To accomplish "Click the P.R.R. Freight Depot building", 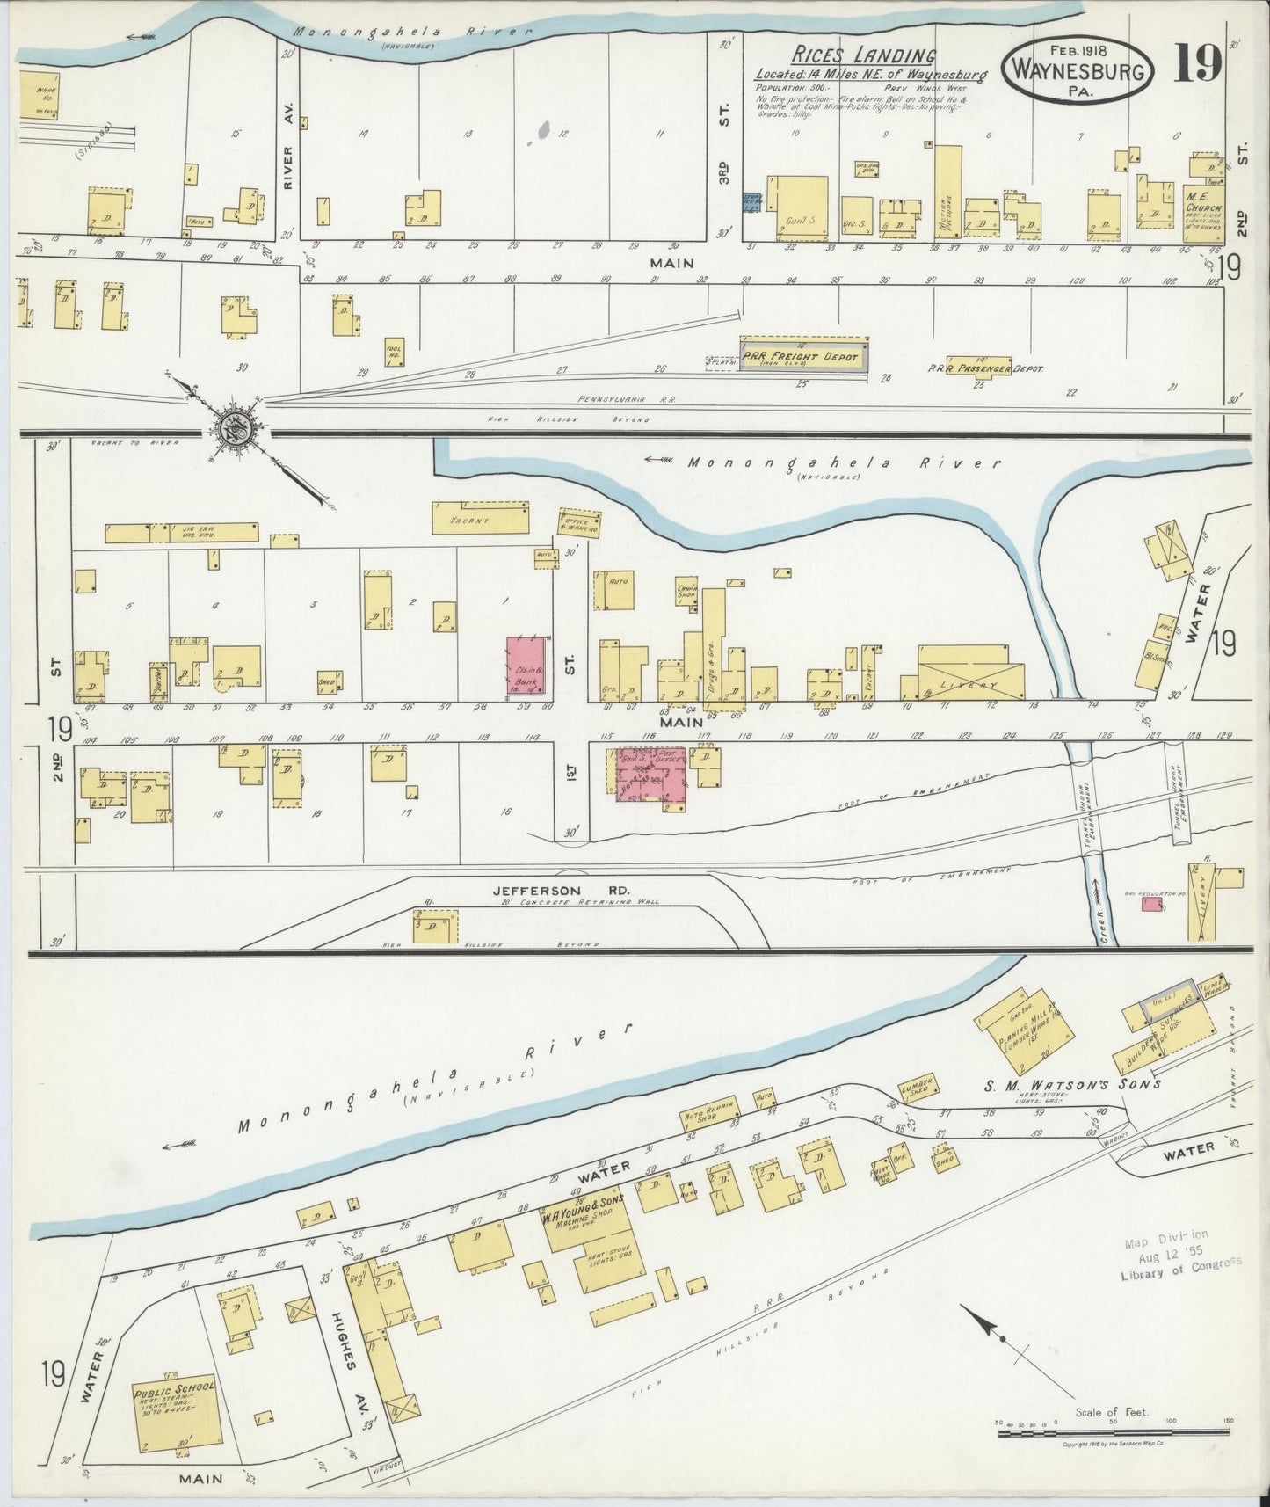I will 804,356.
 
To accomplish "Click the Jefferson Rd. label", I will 536,890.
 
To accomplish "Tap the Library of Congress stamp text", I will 1180,1263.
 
